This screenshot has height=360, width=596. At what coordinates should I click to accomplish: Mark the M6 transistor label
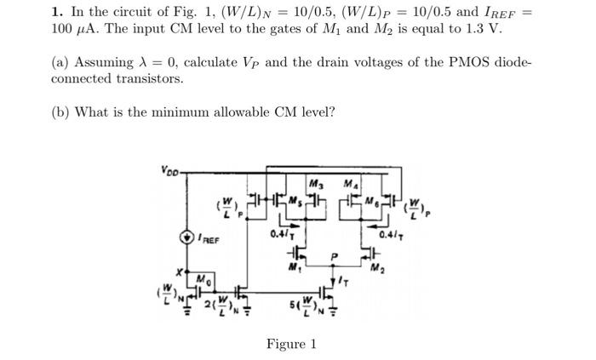(371, 202)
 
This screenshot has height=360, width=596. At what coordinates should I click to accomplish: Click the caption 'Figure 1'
(291, 344)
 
